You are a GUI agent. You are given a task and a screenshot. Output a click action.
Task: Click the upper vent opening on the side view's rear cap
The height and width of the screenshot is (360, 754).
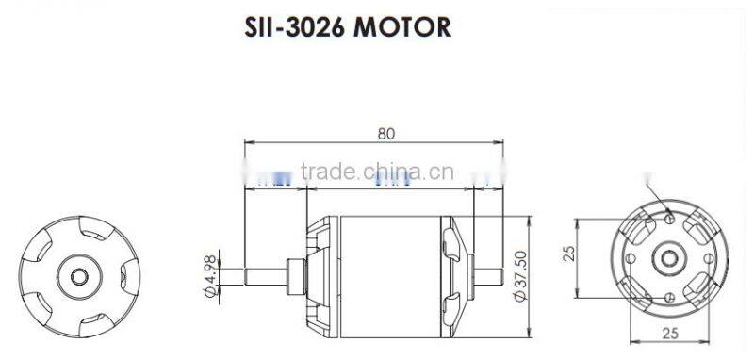click(x=451, y=247)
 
